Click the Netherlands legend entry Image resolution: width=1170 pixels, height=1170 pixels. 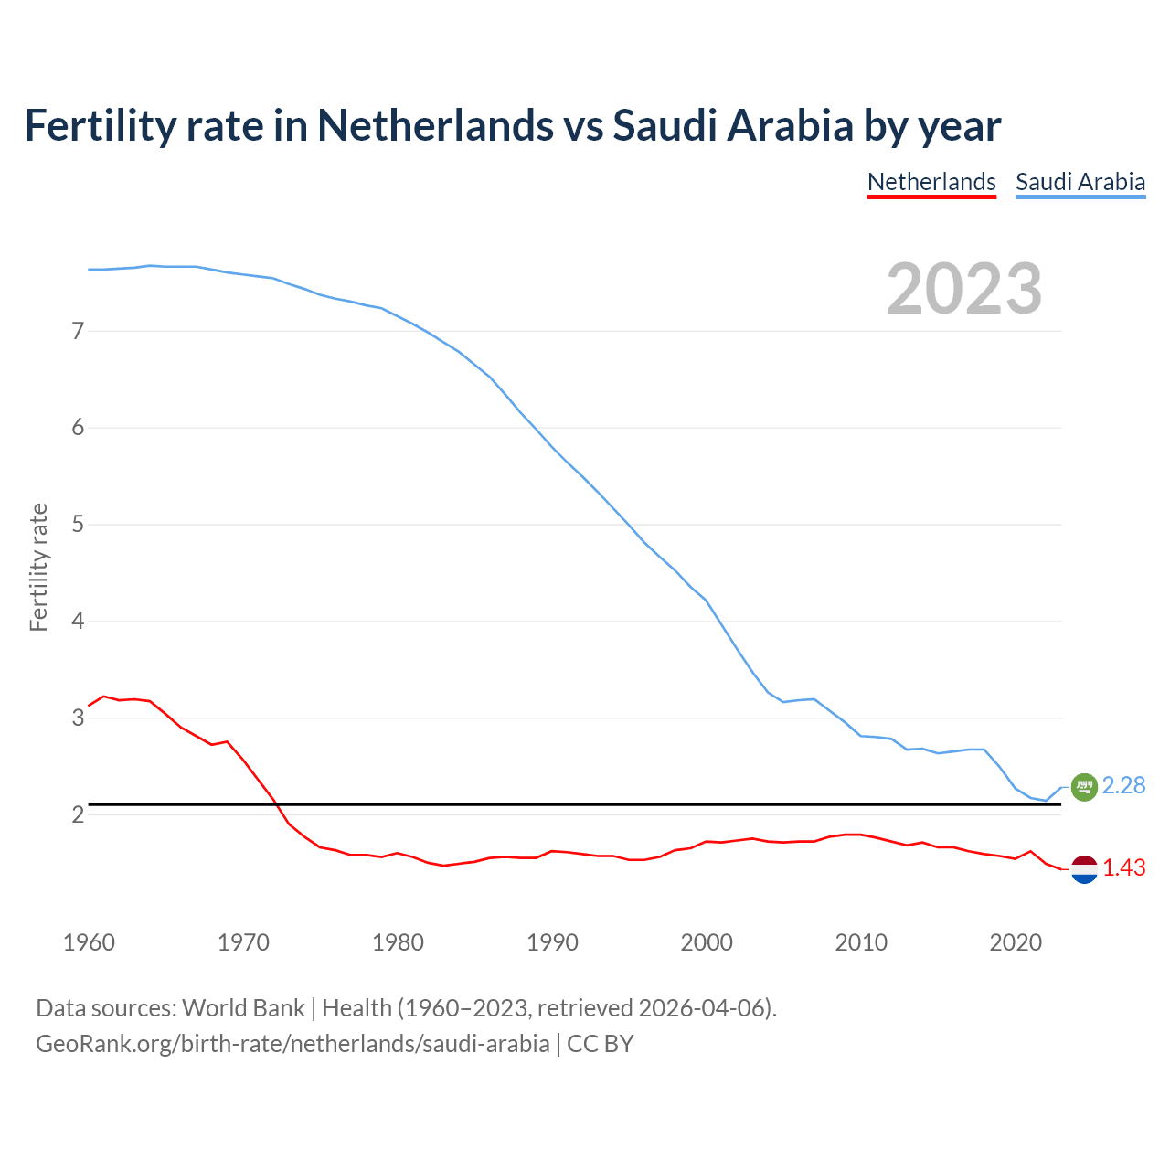(x=931, y=182)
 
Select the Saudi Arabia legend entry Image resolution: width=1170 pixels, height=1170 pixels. (x=1080, y=182)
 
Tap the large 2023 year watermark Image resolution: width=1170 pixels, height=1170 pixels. (x=963, y=289)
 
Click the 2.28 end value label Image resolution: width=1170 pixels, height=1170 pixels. (x=1123, y=785)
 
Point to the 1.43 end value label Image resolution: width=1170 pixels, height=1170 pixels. (x=1123, y=867)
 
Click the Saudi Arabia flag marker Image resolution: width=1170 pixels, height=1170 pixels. (x=1084, y=786)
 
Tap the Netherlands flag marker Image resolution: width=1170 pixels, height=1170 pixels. (x=1084, y=869)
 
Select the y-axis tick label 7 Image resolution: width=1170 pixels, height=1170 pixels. (x=78, y=331)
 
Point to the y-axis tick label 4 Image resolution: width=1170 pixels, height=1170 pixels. (x=78, y=622)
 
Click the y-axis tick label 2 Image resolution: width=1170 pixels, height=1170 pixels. (x=78, y=814)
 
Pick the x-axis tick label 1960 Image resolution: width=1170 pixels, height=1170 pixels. (x=89, y=942)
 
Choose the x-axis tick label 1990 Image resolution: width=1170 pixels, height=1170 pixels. (x=552, y=942)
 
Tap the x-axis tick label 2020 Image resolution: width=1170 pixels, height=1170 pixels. (x=1016, y=942)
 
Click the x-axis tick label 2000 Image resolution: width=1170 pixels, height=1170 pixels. (x=707, y=942)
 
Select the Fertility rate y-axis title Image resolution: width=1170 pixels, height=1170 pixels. (x=38, y=567)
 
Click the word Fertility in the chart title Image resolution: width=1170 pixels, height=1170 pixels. (x=99, y=125)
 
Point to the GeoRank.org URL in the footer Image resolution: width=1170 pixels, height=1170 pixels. (x=292, y=1044)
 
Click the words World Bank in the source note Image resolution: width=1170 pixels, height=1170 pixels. (x=243, y=1008)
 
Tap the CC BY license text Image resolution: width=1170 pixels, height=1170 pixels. (x=601, y=1044)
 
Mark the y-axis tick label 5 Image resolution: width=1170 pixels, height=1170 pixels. (x=78, y=525)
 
